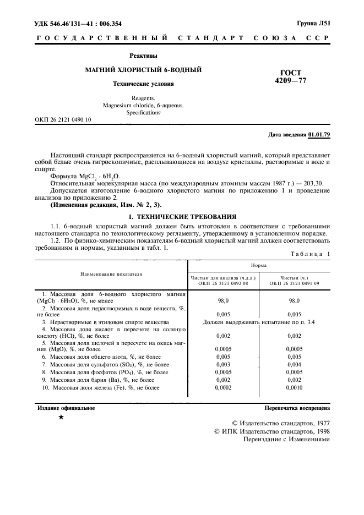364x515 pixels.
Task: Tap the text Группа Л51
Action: point(312,24)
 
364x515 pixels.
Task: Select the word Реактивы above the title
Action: point(143,56)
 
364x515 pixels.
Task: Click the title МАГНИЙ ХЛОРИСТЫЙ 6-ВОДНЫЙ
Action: point(143,70)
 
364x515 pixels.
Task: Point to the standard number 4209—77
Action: point(290,81)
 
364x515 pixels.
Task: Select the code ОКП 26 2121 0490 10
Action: point(63,119)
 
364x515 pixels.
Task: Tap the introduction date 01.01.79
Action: point(319,134)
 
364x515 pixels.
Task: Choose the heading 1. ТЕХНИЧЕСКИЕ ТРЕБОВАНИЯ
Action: point(182,217)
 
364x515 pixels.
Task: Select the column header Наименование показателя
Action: point(111,273)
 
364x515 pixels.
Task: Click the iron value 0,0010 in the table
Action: point(294,388)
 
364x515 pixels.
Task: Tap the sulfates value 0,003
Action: point(224,365)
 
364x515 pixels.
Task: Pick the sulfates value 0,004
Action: point(294,365)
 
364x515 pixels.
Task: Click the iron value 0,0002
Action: point(224,388)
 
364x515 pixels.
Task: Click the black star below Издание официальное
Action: point(61,418)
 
